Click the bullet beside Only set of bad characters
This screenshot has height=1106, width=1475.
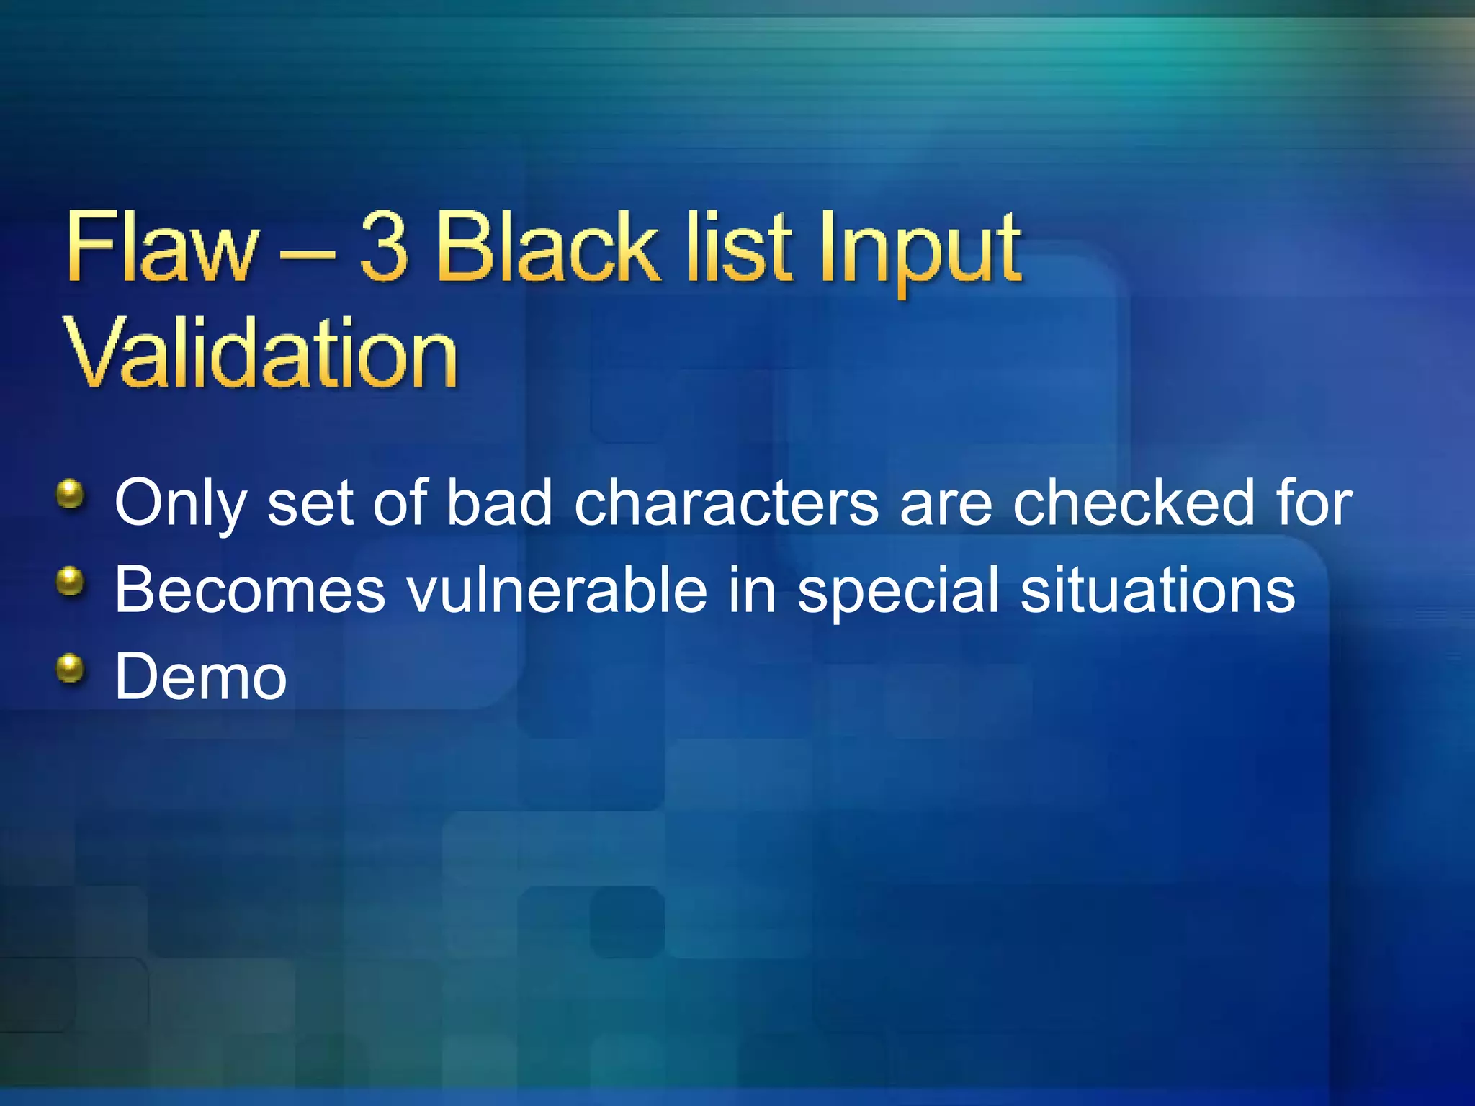(x=71, y=495)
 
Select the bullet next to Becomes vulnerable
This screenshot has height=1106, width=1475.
(x=71, y=581)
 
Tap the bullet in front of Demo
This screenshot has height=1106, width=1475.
(x=71, y=667)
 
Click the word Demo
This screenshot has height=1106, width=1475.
(x=201, y=677)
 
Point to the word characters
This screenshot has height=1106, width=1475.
(x=727, y=503)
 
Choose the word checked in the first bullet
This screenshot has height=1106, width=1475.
(x=1134, y=503)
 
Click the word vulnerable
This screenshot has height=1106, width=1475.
(x=557, y=590)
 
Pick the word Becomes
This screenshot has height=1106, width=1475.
(x=250, y=590)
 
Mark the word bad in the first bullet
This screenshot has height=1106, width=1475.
(x=499, y=503)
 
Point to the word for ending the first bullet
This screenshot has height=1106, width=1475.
(x=1314, y=503)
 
